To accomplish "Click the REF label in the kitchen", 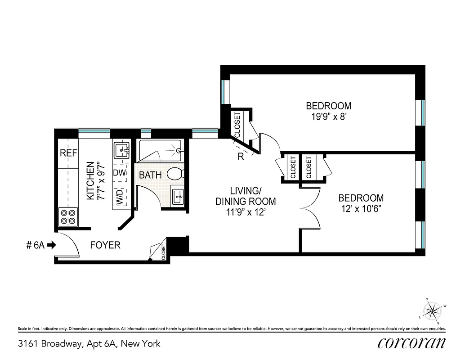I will (x=68, y=153).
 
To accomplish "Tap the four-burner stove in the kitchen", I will (x=68, y=217).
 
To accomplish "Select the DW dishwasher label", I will (x=119, y=173).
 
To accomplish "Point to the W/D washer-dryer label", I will (x=120, y=197).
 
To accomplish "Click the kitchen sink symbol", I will (x=121, y=149).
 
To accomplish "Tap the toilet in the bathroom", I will (x=175, y=173).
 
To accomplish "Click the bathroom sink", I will (x=178, y=197).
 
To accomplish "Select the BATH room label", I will (x=150, y=175).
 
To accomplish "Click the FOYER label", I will (x=105, y=245).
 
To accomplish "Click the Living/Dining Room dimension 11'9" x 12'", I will (x=245, y=211).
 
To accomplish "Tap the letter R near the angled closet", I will (x=241, y=157).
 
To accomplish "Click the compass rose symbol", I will (x=432, y=310).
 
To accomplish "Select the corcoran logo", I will (x=411, y=343).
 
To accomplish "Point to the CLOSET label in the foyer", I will (x=163, y=252).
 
